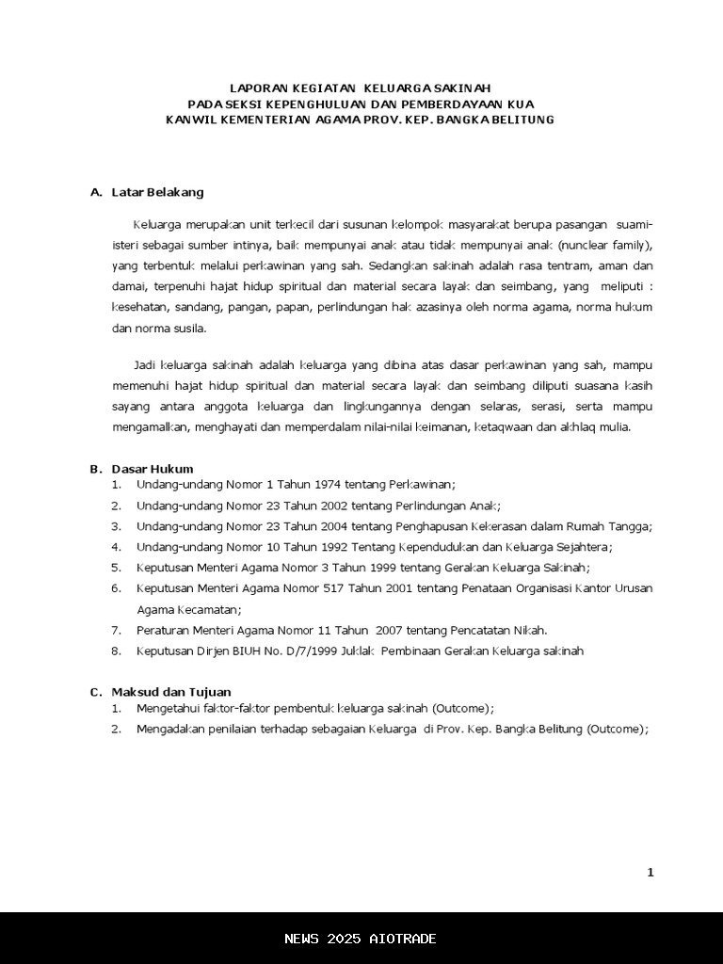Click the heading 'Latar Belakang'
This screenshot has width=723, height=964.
(157, 192)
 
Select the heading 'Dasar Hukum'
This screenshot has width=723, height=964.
(153, 469)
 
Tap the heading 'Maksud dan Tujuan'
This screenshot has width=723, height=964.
(170, 692)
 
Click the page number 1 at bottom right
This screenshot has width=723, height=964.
(650, 873)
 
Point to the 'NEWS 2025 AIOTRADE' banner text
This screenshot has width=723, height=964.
(361, 939)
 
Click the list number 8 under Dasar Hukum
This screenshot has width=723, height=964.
(116, 651)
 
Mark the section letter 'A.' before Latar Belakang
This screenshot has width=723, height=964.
(96, 192)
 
